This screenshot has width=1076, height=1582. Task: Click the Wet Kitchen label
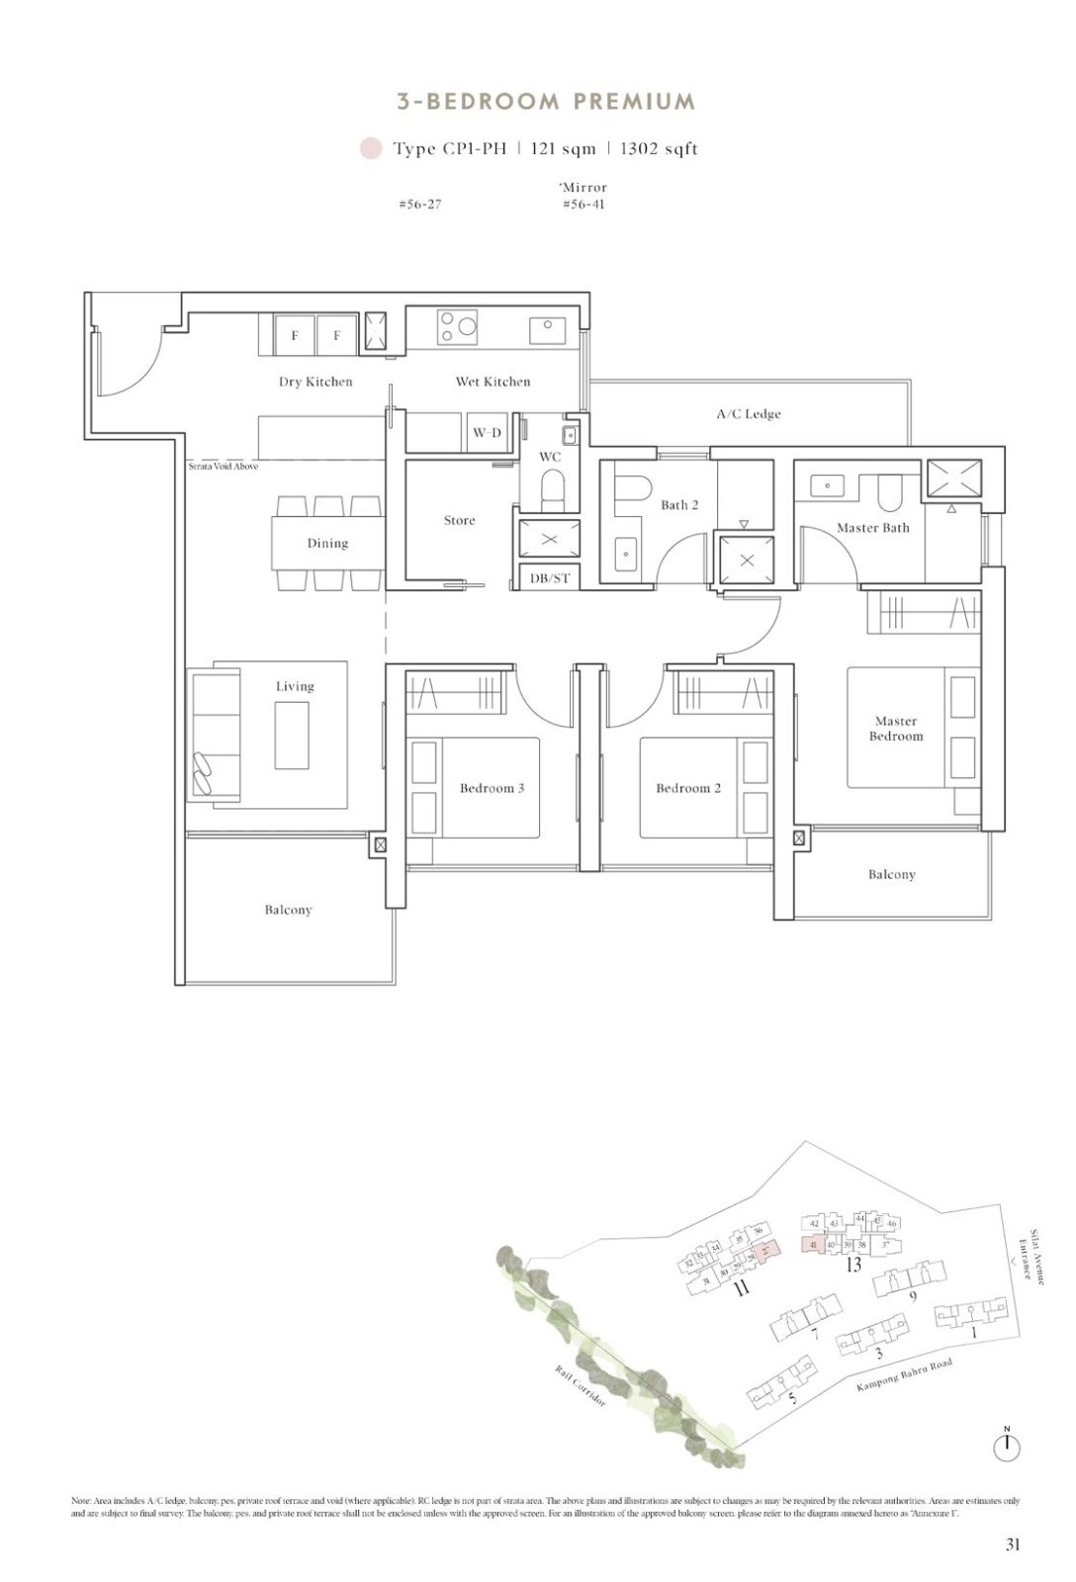pos(493,382)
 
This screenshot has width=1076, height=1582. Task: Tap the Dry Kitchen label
pos(315,382)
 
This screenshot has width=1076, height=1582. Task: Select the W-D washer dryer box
pos(487,433)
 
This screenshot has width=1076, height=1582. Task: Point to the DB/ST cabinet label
pos(550,578)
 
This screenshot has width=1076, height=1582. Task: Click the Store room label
pos(459,520)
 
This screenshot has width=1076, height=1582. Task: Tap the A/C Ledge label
pos(749,414)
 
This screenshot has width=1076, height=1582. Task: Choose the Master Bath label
pos(872,528)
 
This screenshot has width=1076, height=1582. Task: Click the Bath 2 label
pos(679,505)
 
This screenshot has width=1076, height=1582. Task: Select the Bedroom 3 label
pos(492,788)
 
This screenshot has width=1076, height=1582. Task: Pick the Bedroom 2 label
pos(688,788)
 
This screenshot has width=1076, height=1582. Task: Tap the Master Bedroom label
pos(896,729)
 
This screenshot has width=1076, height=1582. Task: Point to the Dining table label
pos(327,543)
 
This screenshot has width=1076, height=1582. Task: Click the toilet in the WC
pos(551,487)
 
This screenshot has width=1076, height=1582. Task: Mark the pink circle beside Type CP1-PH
pos(371,149)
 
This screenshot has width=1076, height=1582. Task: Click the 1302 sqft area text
pos(659,149)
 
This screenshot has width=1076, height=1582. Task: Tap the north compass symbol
pos(1007,1447)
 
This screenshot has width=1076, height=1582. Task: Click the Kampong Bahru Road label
pos(904,1375)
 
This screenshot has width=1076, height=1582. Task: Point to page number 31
pos(1013,1544)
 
